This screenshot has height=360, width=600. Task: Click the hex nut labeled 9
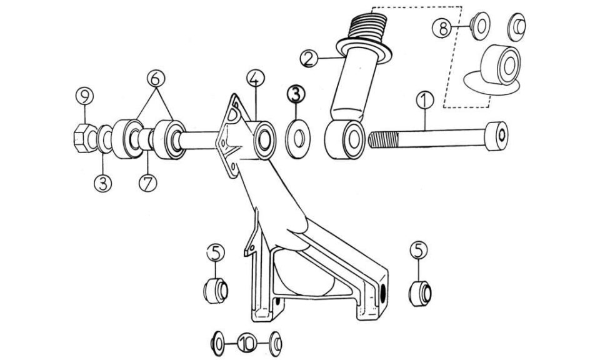coord(86,138)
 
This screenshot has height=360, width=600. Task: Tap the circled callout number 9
coord(84,96)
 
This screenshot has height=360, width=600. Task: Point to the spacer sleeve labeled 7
coord(146,140)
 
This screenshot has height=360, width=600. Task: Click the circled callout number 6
coord(156,78)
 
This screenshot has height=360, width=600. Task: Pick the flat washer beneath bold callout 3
coord(299,139)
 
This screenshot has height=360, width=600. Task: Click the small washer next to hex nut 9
coord(104,139)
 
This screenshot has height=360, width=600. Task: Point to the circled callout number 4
coord(256,78)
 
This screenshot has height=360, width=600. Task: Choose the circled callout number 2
coord(309,59)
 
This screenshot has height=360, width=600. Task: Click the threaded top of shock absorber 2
coord(369,25)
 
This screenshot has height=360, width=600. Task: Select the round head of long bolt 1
coord(497,136)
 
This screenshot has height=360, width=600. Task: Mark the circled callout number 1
coord(425,100)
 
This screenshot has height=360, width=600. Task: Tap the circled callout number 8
coord(442,28)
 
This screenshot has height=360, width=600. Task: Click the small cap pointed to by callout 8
coord(480,26)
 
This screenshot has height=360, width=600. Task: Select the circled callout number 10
coord(247,342)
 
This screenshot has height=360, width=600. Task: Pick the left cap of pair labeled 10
coord(217,342)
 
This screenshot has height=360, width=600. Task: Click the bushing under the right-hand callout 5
coord(420,293)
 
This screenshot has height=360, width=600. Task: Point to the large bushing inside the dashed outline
coord(501,64)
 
